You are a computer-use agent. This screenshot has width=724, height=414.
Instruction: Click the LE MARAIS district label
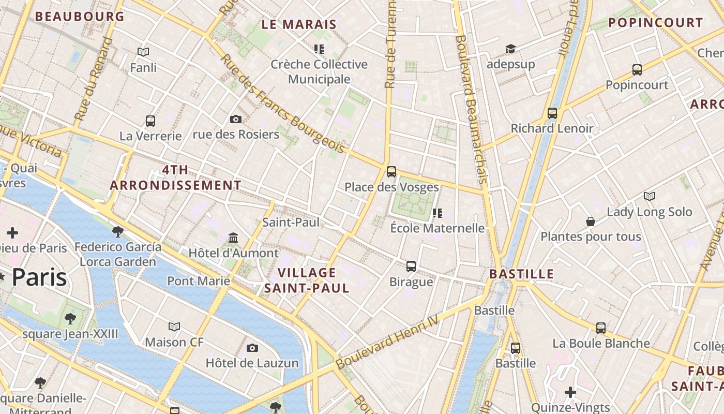pos(299,24)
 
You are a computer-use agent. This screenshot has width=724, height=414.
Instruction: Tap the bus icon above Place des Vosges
pos(391,171)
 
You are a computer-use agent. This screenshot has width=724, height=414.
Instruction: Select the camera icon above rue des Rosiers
pos(236,119)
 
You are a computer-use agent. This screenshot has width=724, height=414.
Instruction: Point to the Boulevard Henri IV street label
pos(387,342)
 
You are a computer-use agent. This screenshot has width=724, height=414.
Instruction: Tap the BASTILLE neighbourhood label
pos(521,274)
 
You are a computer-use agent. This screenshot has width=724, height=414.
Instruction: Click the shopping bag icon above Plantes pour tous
pos(591,221)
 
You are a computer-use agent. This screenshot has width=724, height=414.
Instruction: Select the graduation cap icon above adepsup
pos(510,49)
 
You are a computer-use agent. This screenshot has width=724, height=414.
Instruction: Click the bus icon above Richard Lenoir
pos(552,113)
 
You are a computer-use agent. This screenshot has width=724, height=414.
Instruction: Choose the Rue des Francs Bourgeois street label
pos(282,103)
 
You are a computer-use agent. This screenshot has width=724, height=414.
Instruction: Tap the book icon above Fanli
pos(143,52)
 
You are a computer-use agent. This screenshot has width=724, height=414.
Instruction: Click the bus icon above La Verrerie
pos(150,121)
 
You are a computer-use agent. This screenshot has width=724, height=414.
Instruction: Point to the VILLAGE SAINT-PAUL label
pos(307,280)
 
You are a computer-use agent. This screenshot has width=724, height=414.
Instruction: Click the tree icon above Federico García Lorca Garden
pos(118,231)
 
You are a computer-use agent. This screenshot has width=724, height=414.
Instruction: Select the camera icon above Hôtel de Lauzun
pos(252,348)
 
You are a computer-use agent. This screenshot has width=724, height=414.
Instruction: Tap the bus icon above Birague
pos(411,266)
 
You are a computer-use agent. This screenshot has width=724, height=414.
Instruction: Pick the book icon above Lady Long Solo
pos(650,196)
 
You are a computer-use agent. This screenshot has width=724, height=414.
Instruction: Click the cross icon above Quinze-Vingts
pos(570,392)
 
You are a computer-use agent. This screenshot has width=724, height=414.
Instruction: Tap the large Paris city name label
pos(39,278)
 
